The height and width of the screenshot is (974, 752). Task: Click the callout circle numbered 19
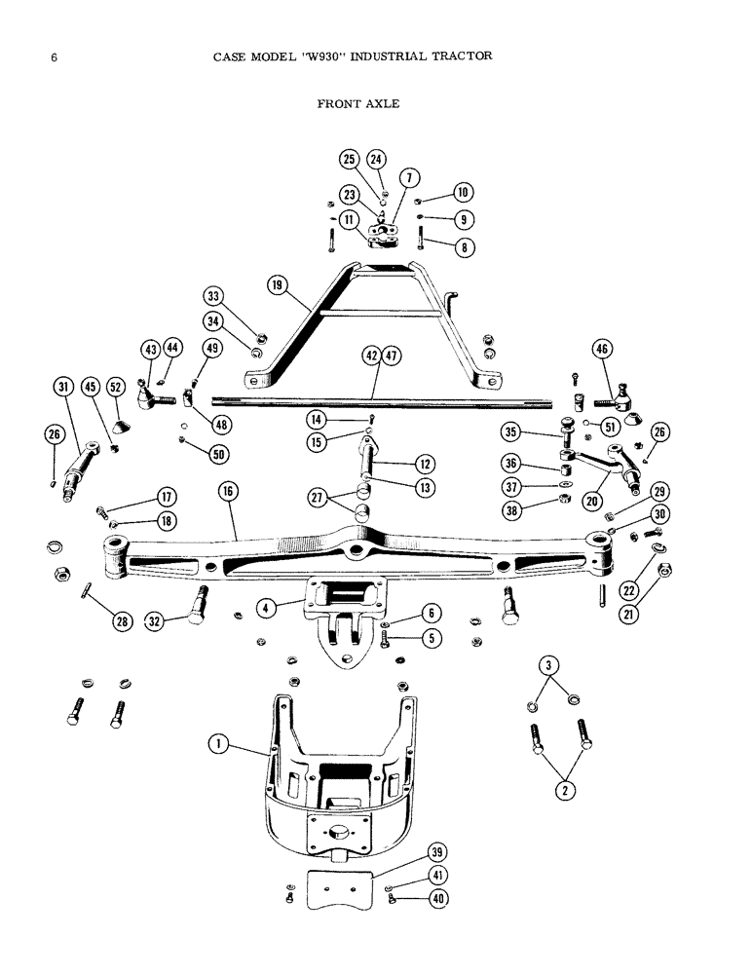(x=280, y=285)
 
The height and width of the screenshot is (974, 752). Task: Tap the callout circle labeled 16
(x=228, y=493)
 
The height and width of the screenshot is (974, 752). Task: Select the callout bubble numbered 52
(x=116, y=389)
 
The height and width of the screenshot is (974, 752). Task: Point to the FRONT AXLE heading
(x=357, y=102)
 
